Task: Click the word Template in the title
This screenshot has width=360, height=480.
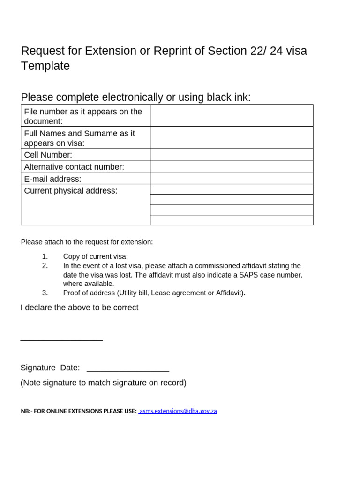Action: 45,66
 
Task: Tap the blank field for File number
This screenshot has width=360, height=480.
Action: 232,115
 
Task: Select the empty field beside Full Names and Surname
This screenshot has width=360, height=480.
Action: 232,137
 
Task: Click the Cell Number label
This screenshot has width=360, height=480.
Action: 48,155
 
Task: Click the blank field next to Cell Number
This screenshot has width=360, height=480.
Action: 232,154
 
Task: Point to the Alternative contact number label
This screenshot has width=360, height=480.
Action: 74,167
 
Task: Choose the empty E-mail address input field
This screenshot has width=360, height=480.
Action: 232,178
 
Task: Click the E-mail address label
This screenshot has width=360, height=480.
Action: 52,179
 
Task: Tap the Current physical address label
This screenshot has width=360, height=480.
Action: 71,191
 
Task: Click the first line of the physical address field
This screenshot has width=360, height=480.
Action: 232,189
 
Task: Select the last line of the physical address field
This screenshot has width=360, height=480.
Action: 232,220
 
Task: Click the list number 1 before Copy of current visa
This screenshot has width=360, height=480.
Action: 45,256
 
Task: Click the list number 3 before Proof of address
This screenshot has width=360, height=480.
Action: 45,293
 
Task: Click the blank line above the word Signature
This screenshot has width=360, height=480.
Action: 61,339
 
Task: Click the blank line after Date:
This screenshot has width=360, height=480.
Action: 127,370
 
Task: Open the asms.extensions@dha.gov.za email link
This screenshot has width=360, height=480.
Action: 178,411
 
